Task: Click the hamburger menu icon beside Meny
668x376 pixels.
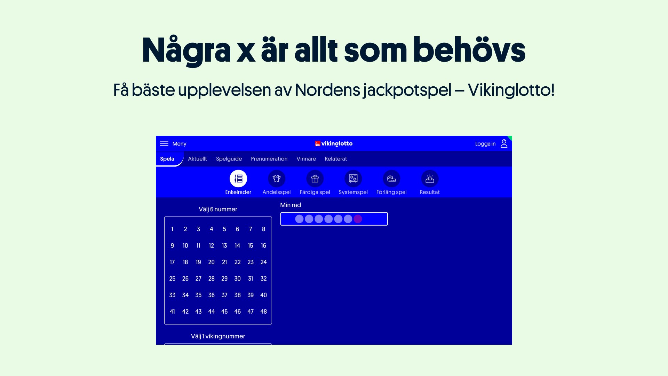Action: [x=164, y=143]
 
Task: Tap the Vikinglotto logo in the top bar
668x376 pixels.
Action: [x=334, y=143]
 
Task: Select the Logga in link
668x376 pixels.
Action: [x=485, y=144]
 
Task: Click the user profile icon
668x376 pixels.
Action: [x=504, y=143]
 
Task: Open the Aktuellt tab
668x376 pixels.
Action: [x=197, y=159]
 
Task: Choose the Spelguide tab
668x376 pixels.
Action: [x=229, y=159]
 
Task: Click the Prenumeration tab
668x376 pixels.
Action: [x=269, y=159]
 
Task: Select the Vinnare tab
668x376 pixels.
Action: [x=306, y=159]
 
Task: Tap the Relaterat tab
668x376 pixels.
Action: [x=336, y=159]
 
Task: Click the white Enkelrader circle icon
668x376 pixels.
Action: [x=238, y=179]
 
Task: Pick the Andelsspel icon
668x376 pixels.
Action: [x=277, y=179]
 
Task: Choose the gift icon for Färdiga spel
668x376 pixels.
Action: [x=315, y=179]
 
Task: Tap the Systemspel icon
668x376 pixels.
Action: [x=353, y=179]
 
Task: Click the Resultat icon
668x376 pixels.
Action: [x=430, y=179]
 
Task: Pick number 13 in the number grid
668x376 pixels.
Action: [x=224, y=246]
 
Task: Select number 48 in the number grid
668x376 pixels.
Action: [x=264, y=312]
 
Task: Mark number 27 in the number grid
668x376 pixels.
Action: [x=198, y=279]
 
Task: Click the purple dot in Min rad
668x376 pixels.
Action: [x=358, y=219]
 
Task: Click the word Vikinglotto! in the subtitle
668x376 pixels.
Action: [x=511, y=90]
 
